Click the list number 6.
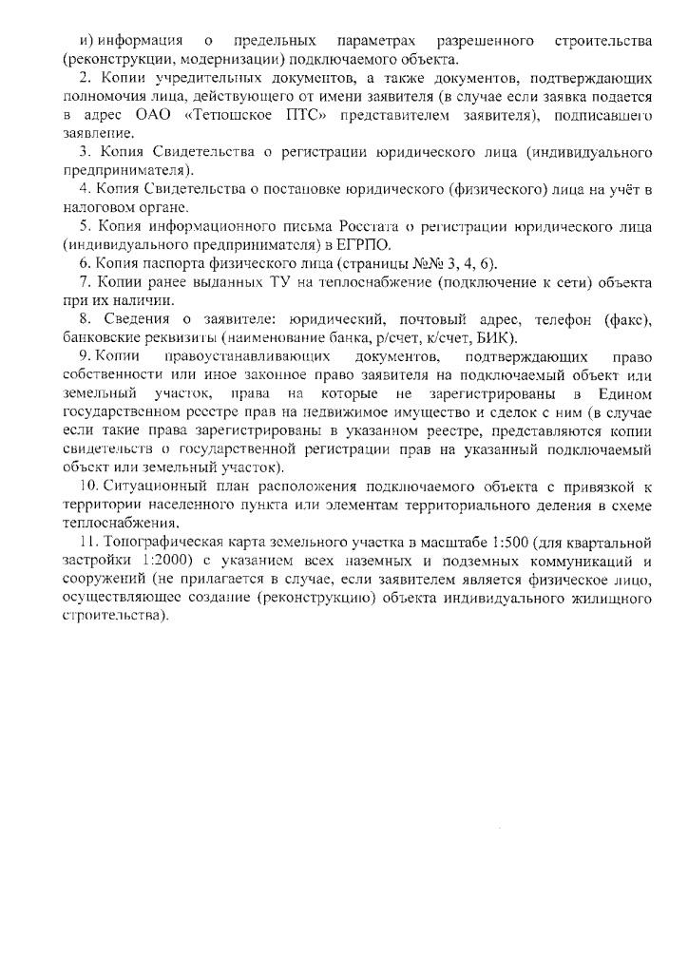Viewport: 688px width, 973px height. (86, 263)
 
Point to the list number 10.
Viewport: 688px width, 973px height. (86, 486)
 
